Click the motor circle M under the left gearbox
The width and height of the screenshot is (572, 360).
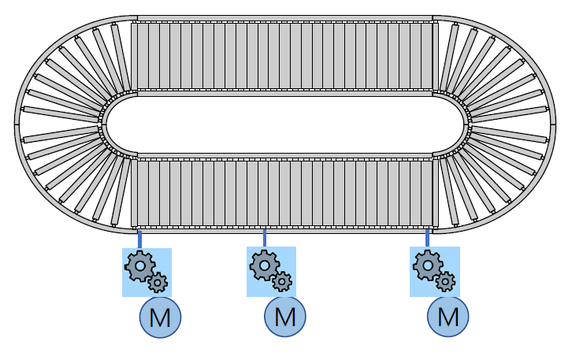coord(161,317)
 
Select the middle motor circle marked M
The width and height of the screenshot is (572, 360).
coord(285,317)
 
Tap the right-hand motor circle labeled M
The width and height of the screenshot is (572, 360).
coord(448,317)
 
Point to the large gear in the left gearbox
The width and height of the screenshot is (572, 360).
coord(140,266)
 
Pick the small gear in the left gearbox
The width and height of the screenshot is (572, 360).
coord(158,282)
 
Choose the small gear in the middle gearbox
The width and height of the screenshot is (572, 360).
coord(282,281)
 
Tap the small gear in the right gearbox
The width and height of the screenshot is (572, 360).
coord(446,281)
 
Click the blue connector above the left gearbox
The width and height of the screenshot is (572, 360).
coord(139,239)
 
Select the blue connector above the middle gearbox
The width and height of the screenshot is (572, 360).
coord(264,239)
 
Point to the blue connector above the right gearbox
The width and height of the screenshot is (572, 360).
coord(427,239)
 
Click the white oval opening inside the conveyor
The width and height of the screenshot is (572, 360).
coord(285,124)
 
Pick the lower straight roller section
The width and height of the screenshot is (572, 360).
coord(284,193)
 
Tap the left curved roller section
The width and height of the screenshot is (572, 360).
coord(63,124)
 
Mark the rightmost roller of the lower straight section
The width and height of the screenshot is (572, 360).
coord(433,193)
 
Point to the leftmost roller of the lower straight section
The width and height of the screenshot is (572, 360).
coord(136,193)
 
